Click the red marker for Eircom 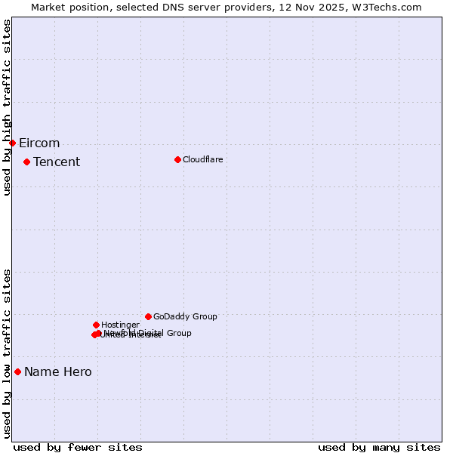[12, 143]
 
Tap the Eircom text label [39, 143]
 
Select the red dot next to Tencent [26, 162]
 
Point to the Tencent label [57, 162]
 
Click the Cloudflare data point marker [177, 159]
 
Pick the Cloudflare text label [202, 160]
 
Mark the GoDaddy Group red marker [148, 316]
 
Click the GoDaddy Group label [185, 317]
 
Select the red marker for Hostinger [96, 325]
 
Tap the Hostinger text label [120, 325]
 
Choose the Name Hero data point [17, 371]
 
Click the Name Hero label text [58, 372]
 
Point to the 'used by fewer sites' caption [78, 448]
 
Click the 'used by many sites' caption [379, 448]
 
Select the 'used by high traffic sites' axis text [7, 107]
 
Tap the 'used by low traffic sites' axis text [7, 353]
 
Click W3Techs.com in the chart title [389, 7]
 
